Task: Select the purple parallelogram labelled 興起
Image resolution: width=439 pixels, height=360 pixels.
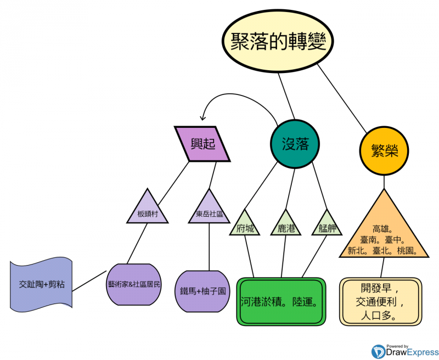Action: click(x=202, y=144)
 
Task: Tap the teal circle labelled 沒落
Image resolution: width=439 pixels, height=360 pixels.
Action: click(x=295, y=144)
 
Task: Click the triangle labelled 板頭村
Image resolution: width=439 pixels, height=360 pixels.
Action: click(x=147, y=211)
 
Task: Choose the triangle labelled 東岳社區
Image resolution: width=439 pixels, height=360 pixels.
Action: click(x=209, y=211)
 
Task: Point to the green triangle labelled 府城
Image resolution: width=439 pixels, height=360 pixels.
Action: click(x=245, y=226)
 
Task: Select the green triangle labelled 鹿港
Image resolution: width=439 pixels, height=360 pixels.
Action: click(x=286, y=226)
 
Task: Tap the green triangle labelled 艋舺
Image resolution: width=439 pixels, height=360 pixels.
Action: click(x=327, y=226)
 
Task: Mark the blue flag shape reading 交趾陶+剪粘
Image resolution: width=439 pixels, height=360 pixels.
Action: click(x=41, y=285)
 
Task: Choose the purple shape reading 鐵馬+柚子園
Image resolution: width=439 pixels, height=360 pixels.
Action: click(x=202, y=290)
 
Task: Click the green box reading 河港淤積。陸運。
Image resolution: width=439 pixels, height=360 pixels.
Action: click(x=281, y=302)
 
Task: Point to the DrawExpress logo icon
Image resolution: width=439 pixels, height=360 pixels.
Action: click(x=378, y=351)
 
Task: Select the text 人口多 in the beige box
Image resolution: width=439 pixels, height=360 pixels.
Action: click(x=379, y=316)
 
